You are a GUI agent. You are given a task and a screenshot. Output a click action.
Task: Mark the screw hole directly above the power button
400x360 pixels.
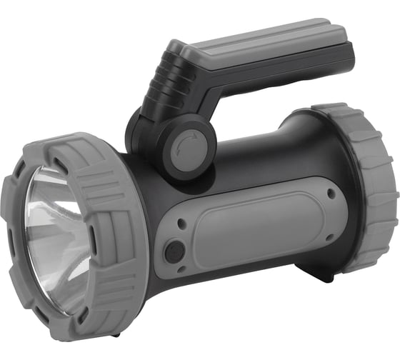pyautogui.click(x=181, y=223)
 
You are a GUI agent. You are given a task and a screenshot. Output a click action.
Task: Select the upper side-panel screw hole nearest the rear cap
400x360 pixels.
pyautogui.click(x=330, y=194)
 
